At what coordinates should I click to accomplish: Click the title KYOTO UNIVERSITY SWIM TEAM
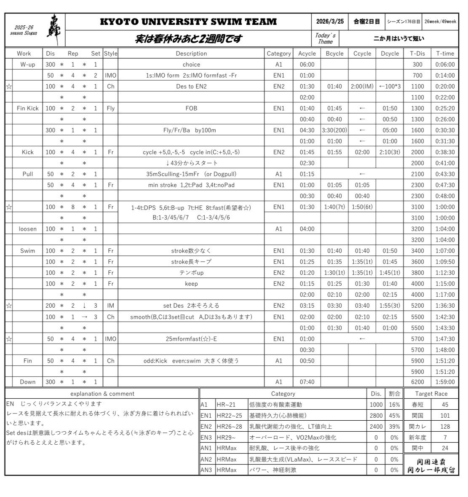pos(188,21)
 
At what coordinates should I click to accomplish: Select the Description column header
pos(191,54)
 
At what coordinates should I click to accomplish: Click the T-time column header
pos(445,54)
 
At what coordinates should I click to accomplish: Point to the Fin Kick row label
pos(27,108)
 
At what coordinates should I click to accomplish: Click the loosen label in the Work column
pos(27,229)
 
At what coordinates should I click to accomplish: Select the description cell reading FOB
pos(191,108)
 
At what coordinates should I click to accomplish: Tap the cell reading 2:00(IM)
pos(362,86)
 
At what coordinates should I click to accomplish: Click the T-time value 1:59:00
pos(445,382)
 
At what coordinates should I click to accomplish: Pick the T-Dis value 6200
pos(417,382)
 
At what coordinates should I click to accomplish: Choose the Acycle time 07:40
pos(307,382)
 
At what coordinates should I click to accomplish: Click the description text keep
pos(191,284)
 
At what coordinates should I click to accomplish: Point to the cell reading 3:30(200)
pos(334,130)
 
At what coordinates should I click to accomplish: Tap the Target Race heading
pos(431,394)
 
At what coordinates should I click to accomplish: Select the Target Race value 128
pos(445,427)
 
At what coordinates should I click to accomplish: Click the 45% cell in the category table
pos(394,416)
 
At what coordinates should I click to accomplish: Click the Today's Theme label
pos(325,38)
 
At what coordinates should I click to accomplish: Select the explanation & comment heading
pos(102,394)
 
